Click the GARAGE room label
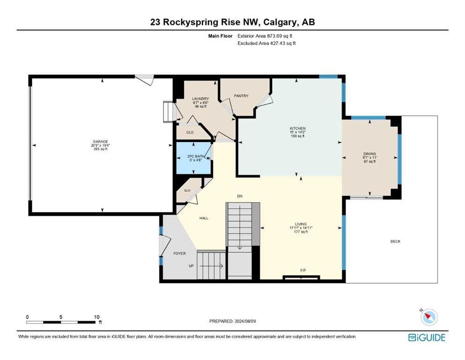point(101,142)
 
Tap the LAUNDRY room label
point(200,99)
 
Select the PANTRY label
point(241,96)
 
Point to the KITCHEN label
point(298,128)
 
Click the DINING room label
point(369,154)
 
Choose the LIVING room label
point(301,224)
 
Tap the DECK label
point(395,241)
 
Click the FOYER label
point(180,254)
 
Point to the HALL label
point(204,218)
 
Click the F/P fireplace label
point(303,270)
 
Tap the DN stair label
point(240,196)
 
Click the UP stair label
point(191,266)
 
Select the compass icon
point(428,317)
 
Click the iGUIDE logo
point(427,337)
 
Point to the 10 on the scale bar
point(96,317)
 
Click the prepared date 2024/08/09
point(245,321)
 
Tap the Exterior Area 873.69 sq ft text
point(265,36)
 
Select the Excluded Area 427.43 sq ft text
point(266,43)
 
